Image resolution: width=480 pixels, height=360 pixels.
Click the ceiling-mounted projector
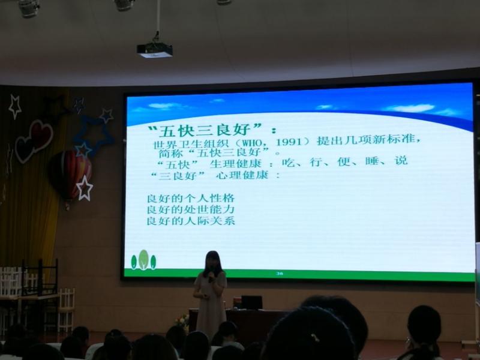tap(155, 50)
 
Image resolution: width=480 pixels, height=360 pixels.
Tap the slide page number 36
tap(279, 274)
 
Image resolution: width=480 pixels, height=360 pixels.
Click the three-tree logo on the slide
tap(143, 260)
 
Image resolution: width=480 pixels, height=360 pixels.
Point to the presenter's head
tap(213, 262)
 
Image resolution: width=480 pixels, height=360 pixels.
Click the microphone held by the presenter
tap(211, 279)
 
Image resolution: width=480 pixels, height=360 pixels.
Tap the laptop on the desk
tap(251, 302)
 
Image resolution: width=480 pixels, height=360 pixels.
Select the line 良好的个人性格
tap(191, 199)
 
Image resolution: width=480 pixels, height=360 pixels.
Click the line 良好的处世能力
tap(191, 209)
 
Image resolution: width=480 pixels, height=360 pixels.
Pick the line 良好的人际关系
tap(191, 221)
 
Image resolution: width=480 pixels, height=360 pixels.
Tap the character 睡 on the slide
tap(372, 161)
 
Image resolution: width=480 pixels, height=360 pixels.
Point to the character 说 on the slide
tap(401, 160)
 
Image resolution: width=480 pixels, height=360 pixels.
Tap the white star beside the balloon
tap(85, 188)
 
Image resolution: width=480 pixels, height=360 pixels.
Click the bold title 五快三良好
tap(205, 130)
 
